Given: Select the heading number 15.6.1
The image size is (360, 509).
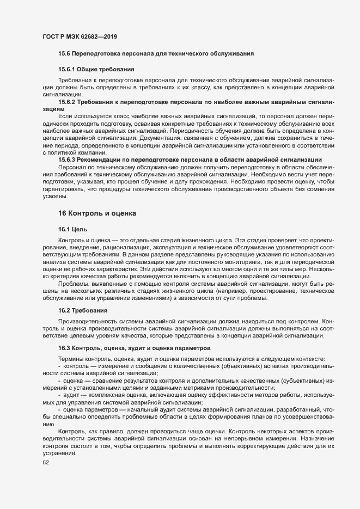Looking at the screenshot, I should tap(68, 70).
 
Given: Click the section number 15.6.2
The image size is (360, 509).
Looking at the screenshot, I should tap(68, 102).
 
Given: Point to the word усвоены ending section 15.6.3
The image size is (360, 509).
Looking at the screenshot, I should tap(56, 196).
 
